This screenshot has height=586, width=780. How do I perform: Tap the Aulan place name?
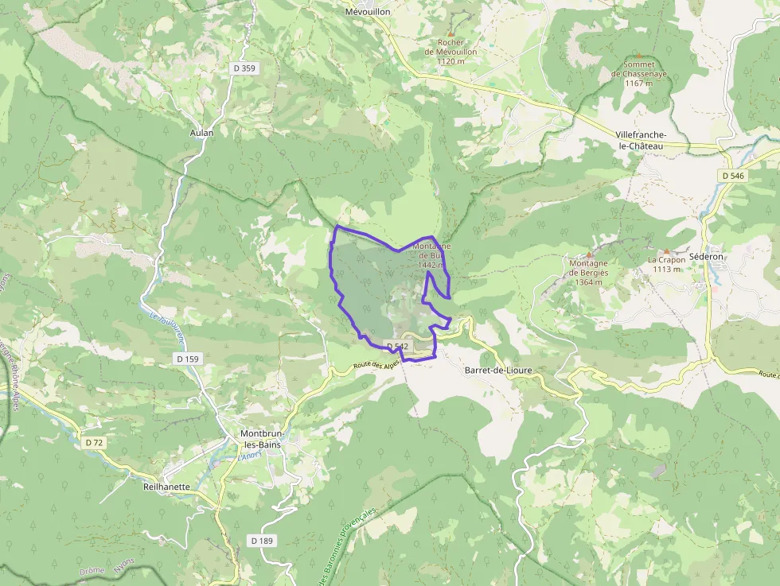coord(202,133)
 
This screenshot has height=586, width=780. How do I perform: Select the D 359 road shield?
coord(244,68)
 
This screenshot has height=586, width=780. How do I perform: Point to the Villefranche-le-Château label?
coord(641,141)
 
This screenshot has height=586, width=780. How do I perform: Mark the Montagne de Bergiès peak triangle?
coord(589,254)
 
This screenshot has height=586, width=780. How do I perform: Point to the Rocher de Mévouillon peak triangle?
coord(456,33)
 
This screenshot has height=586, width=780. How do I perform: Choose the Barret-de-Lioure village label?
coord(497,371)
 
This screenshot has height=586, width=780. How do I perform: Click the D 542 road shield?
coord(396,346)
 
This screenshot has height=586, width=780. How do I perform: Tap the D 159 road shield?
coord(187,359)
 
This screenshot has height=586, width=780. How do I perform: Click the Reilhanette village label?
coord(166,486)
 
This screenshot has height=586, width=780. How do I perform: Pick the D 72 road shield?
coord(94,441)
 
